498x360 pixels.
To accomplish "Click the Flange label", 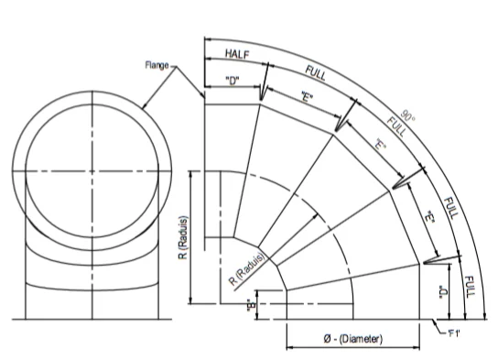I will pos(158,65).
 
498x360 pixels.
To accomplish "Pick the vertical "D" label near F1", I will pos(442,292).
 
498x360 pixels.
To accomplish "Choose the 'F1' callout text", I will pos(452,333).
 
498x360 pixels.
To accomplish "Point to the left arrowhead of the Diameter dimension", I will pos(290,349).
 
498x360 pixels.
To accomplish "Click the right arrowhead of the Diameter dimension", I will pos(418,349).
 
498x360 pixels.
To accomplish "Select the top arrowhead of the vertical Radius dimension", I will pos(189,174).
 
